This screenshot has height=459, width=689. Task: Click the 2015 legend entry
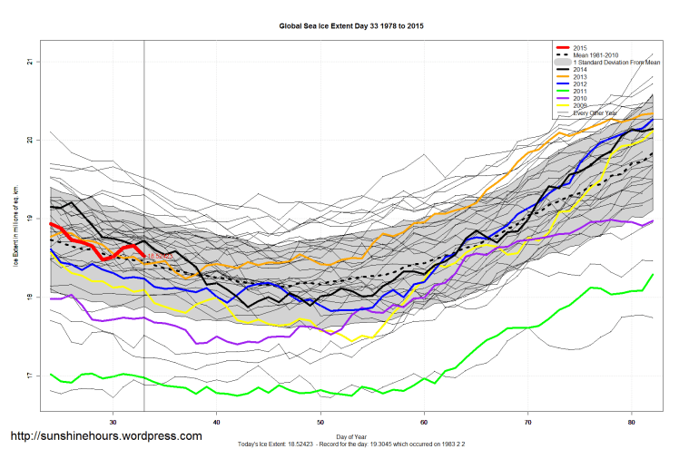tap(582, 47)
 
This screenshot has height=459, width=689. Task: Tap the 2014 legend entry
tap(582, 70)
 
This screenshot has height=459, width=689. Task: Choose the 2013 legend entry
tap(582, 77)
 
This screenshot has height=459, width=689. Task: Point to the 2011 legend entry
tap(582, 92)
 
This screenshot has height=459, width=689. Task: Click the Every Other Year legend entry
tap(599, 112)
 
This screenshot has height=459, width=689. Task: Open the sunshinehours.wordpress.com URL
tap(105, 436)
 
